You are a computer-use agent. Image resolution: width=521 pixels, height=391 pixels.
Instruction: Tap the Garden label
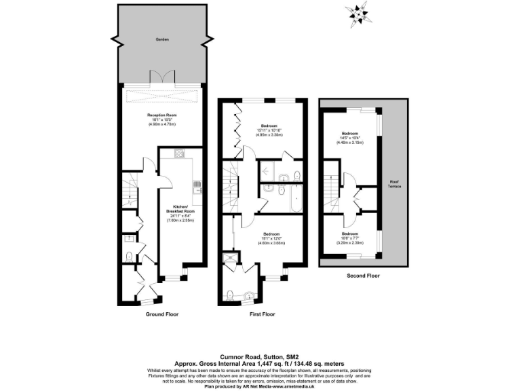[x=161, y=40]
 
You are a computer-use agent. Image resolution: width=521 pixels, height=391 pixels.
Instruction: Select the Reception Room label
[x=161, y=115]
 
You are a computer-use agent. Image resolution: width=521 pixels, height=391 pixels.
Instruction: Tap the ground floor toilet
[x=129, y=256]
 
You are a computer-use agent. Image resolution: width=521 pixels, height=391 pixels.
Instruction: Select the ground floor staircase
[x=129, y=189]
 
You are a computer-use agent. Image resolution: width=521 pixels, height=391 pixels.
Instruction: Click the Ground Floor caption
[x=162, y=314]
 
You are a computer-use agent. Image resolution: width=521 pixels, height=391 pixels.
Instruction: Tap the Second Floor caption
[x=363, y=276]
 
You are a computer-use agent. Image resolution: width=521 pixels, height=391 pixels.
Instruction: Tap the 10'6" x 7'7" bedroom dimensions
[x=350, y=238]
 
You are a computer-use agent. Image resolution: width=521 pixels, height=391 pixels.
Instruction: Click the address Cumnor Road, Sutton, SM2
[x=260, y=354]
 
